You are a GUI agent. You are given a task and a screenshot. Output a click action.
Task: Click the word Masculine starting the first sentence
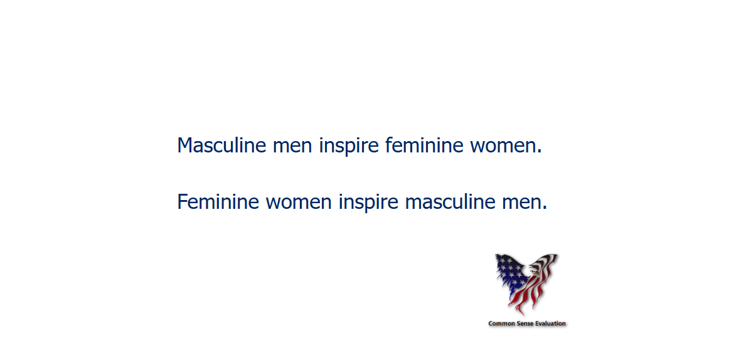coord(221,146)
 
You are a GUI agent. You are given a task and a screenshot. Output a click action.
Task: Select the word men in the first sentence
coord(292,147)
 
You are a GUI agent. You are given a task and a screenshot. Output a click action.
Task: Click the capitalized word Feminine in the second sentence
coord(218,202)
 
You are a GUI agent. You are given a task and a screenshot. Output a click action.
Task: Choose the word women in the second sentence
coord(299,204)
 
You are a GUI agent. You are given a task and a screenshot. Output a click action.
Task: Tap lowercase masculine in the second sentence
coord(449,202)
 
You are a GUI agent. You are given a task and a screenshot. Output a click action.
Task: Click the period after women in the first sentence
coord(540,152)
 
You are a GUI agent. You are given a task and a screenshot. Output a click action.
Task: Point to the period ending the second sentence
coord(545,209)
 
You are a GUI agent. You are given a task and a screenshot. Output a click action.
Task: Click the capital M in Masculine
coord(184,146)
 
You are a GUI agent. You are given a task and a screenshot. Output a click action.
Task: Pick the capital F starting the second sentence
coord(183,202)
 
